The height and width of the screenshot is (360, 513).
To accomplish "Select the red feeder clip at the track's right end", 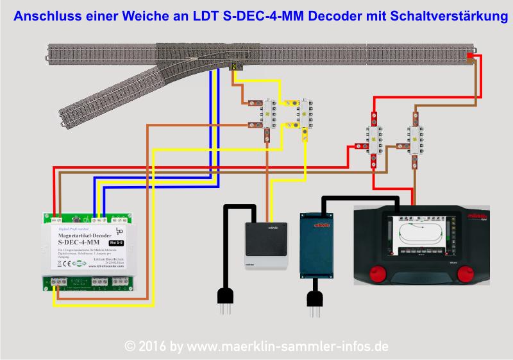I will pos(471,56).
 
